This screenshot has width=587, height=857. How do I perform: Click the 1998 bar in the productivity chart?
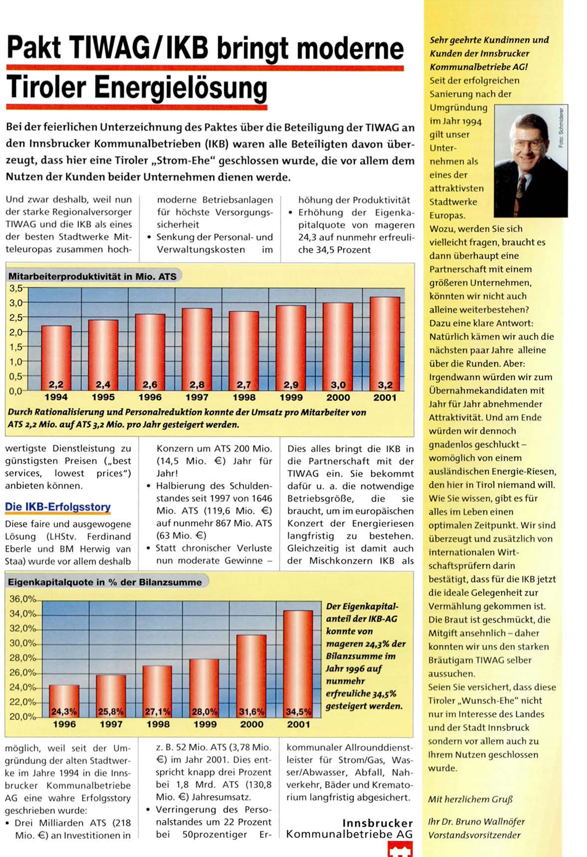tap(244, 349)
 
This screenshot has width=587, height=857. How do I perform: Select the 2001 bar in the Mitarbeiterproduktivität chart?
tap(385, 342)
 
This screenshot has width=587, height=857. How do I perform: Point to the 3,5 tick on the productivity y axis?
tap(16, 288)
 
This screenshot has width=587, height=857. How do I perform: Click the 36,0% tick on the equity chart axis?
tap(23, 599)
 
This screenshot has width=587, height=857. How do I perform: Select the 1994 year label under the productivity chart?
tap(56, 398)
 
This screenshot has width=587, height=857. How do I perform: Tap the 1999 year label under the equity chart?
tap(205, 724)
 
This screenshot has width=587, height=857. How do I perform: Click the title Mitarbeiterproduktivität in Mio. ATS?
tap(92, 276)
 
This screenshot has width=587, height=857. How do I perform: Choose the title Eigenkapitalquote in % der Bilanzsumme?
tap(105, 582)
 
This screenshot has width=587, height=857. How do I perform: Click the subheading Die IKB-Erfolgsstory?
tap(58, 507)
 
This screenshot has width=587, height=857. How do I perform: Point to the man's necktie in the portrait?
tap(521, 192)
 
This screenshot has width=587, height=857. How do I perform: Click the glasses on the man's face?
tap(527, 145)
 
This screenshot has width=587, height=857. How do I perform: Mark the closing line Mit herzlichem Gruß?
tap(470, 799)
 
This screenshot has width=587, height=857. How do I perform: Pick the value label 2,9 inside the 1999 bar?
tap(291, 385)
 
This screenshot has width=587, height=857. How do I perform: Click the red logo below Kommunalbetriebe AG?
tap(400, 850)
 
